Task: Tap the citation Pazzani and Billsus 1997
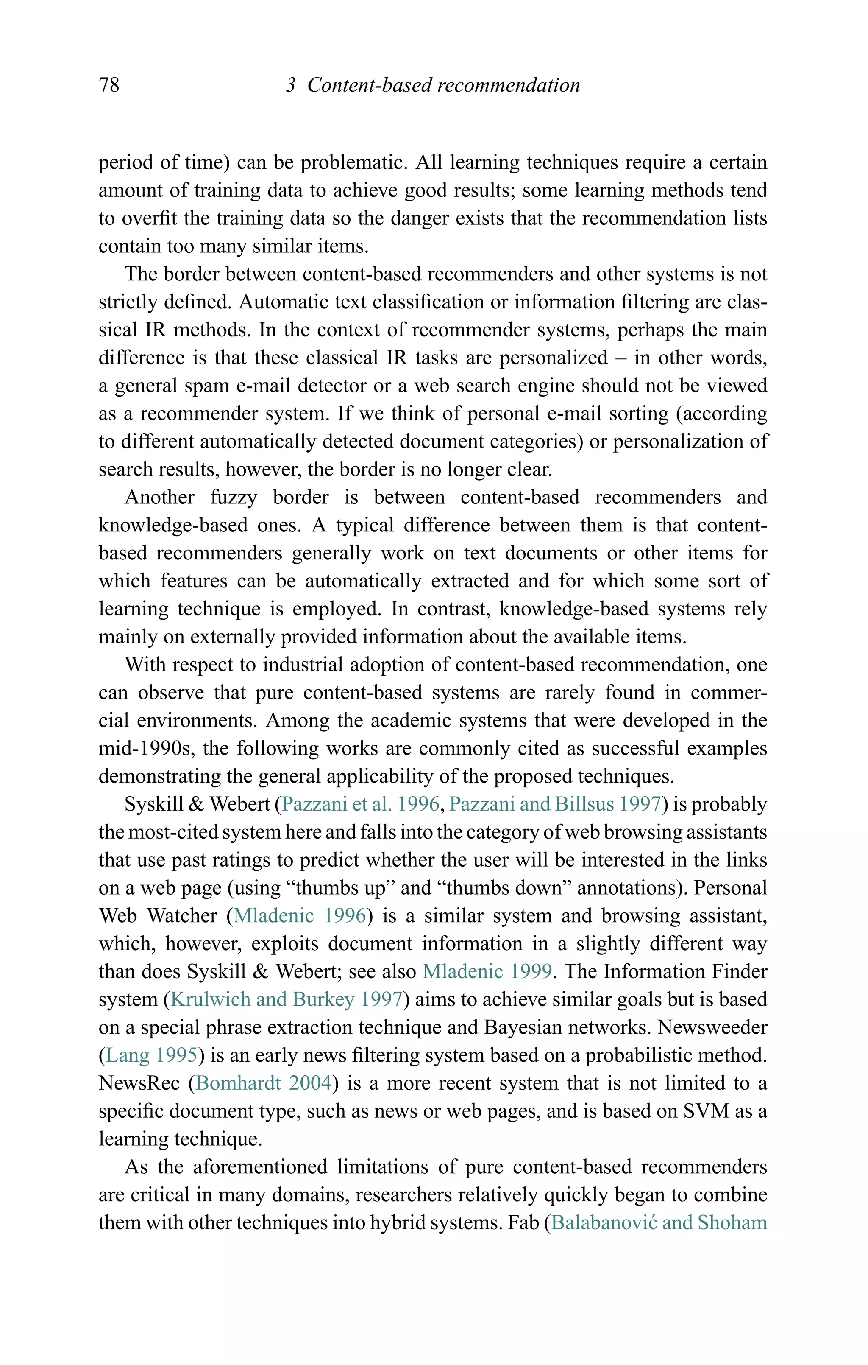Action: click(x=555, y=804)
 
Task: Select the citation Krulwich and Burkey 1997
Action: click(x=286, y=999)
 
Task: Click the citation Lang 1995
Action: click(x=151, y=1055)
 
